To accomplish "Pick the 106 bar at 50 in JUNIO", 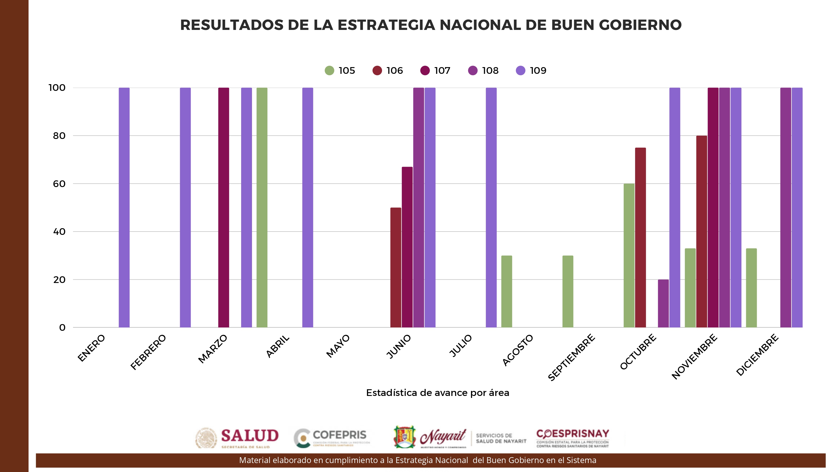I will [396, 267].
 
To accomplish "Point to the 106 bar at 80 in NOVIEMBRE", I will [702, 231].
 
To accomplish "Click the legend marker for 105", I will [329, 70].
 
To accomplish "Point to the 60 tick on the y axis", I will [59, 184].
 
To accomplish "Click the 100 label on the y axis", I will [57, 88].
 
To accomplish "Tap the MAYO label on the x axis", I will [338, 346].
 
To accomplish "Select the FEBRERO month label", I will [148, 352].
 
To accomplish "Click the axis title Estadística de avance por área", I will [437, 393].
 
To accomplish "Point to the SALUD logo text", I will [250, 436].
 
